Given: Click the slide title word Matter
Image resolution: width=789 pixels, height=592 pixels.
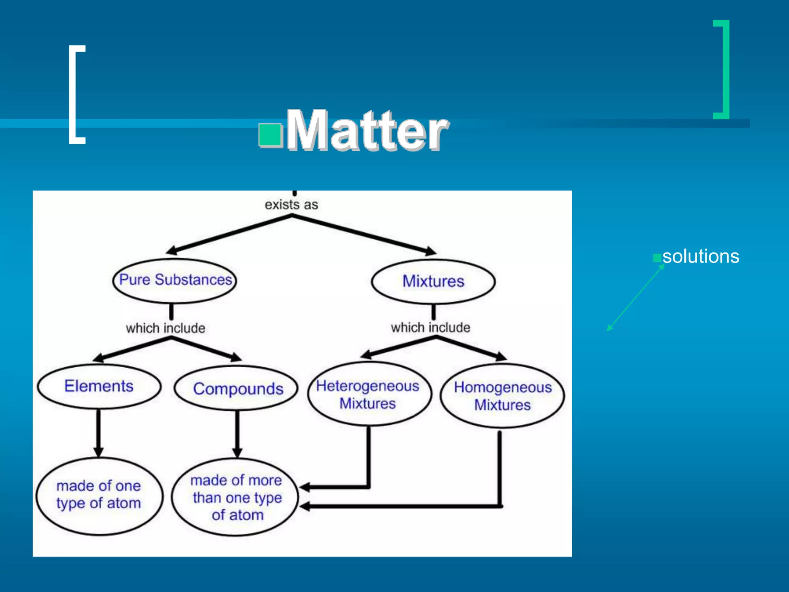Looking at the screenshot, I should (x=367, y=130).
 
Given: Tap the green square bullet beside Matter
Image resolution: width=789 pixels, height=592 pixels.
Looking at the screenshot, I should (x=270, y=135).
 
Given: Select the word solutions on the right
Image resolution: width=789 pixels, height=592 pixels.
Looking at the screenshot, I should (x=700, y=256).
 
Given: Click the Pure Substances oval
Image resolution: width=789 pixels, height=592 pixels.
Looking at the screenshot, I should (x=175, y=280).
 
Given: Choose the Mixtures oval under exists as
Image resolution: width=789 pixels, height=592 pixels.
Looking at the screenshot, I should (x=433, y=281).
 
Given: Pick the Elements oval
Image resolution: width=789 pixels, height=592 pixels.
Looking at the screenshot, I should (x=99, y=386).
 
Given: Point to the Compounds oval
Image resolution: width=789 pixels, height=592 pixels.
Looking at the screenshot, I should (x=237, y=388).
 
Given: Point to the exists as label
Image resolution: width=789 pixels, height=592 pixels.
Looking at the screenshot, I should (x=291, y=205).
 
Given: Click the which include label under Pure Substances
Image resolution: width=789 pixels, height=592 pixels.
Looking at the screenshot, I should (x=165, y=328).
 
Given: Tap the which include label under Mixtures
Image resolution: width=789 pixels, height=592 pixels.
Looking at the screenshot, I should (x=430, y=328).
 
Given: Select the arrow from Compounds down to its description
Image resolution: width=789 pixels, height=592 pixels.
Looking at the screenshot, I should (x=237, y=434).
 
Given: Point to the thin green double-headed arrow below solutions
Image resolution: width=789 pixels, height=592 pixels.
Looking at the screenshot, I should (x=636, y=297).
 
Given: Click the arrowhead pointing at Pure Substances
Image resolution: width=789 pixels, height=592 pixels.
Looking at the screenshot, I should (x=172, y=251).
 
